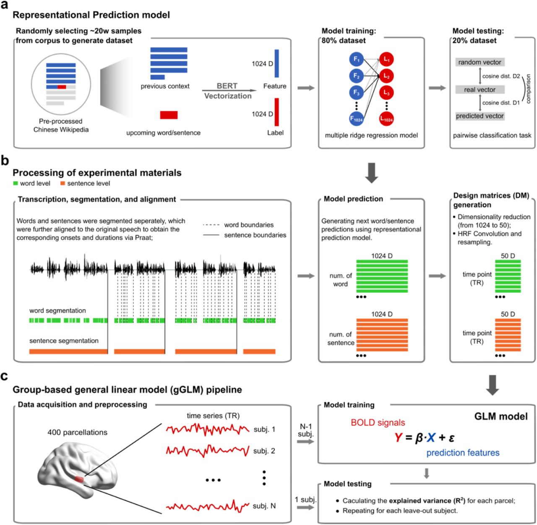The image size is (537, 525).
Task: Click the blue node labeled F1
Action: [x=356, y=60]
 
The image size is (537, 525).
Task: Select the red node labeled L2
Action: [x=386, y=76]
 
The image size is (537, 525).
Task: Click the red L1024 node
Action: [x=386, y=119]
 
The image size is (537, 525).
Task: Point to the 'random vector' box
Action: [x=480, y=62]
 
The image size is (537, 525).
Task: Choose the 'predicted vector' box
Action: [x=480, y=116]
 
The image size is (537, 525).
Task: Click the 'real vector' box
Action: [x=480, y=89]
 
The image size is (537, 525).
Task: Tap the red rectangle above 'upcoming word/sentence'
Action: [x=169, y=115]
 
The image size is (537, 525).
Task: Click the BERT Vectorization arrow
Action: [x=229, y=90]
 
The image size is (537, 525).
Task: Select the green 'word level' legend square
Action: [x=16, y=183]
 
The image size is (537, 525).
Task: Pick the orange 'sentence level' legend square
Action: [x=63, y=183]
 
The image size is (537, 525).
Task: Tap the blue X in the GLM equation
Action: [x=430, y=438]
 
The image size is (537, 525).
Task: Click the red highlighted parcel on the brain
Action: [x=79, y=479]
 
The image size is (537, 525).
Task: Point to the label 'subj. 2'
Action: [x=264, y=451]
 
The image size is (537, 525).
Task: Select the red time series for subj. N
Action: [x=208, y=506]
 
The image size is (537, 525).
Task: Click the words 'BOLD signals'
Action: [x=378, y=423]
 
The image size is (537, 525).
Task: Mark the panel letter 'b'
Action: [x=5, y=160]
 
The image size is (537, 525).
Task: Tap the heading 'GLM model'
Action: [x=501, y=417]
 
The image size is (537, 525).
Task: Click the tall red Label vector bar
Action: [x=277, y=112]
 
